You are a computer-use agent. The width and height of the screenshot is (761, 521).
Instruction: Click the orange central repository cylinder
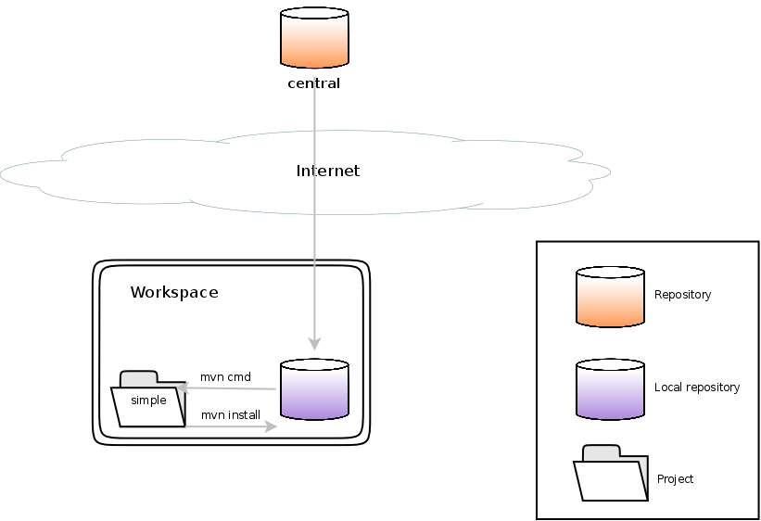(x=314, y=41)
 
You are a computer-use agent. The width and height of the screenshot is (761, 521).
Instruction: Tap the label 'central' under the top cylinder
(x=314, y=83)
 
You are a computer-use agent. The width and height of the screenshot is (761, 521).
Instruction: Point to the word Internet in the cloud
(x=327, y=171)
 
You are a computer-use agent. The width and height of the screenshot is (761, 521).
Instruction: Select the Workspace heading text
(x=174, y=292)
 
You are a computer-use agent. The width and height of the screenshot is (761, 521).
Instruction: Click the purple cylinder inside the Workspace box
(x=314, y=390)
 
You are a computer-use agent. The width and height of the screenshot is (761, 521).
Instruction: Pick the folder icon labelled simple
(x=149, y=404)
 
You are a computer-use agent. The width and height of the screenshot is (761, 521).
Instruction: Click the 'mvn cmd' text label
(x=225, y=377)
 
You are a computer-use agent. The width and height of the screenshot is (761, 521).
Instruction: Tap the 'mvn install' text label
(x=231, y=414)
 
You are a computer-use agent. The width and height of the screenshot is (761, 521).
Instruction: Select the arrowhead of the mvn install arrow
(x=271, y=426)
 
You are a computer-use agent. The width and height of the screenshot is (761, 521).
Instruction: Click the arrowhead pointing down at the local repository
(x=314, y=341)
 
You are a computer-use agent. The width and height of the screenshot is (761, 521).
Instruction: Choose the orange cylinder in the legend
(x=610, y=297)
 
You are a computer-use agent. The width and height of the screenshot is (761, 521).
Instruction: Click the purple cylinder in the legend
(x=610, y=389)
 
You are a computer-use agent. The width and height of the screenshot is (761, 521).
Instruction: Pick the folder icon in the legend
(x=610, y=475)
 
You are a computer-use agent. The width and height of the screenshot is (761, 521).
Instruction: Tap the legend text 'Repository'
(x=682, y=295)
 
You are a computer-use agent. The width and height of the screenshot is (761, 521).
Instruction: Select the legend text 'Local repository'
(x=697, y=388)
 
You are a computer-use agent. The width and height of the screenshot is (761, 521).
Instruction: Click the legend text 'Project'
(x=675, y=479)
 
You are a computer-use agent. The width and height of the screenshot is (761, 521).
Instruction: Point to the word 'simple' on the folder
(x=148, y=400)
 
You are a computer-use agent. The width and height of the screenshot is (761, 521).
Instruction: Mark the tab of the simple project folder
(x=139, y=377)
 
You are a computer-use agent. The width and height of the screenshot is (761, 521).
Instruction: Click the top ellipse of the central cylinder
(x=314, y=14)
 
